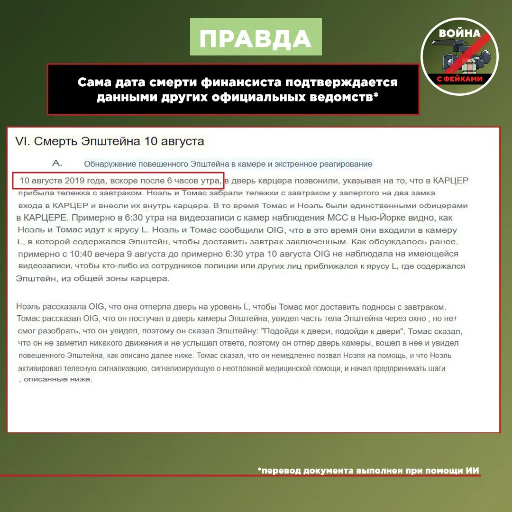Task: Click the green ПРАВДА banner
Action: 256,37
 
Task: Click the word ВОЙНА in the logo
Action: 459,33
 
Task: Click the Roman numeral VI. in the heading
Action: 22,141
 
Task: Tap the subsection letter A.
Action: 57,163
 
